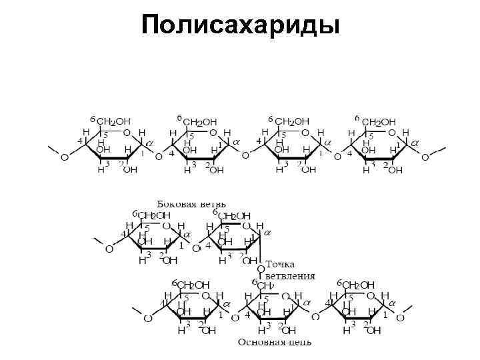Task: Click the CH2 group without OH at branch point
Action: pos(266,285)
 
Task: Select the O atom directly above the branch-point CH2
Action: pos(261,270)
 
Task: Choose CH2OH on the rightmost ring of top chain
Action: pos(378,122)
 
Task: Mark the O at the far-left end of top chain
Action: pos(64,158)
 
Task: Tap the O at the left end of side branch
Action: pos(109,249)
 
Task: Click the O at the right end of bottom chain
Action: pos(401,318)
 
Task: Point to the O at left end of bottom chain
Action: pos(148,318)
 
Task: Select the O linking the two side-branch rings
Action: pos(195,249)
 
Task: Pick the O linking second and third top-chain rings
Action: pos(245,156)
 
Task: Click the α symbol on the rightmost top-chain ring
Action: pos(415,143)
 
